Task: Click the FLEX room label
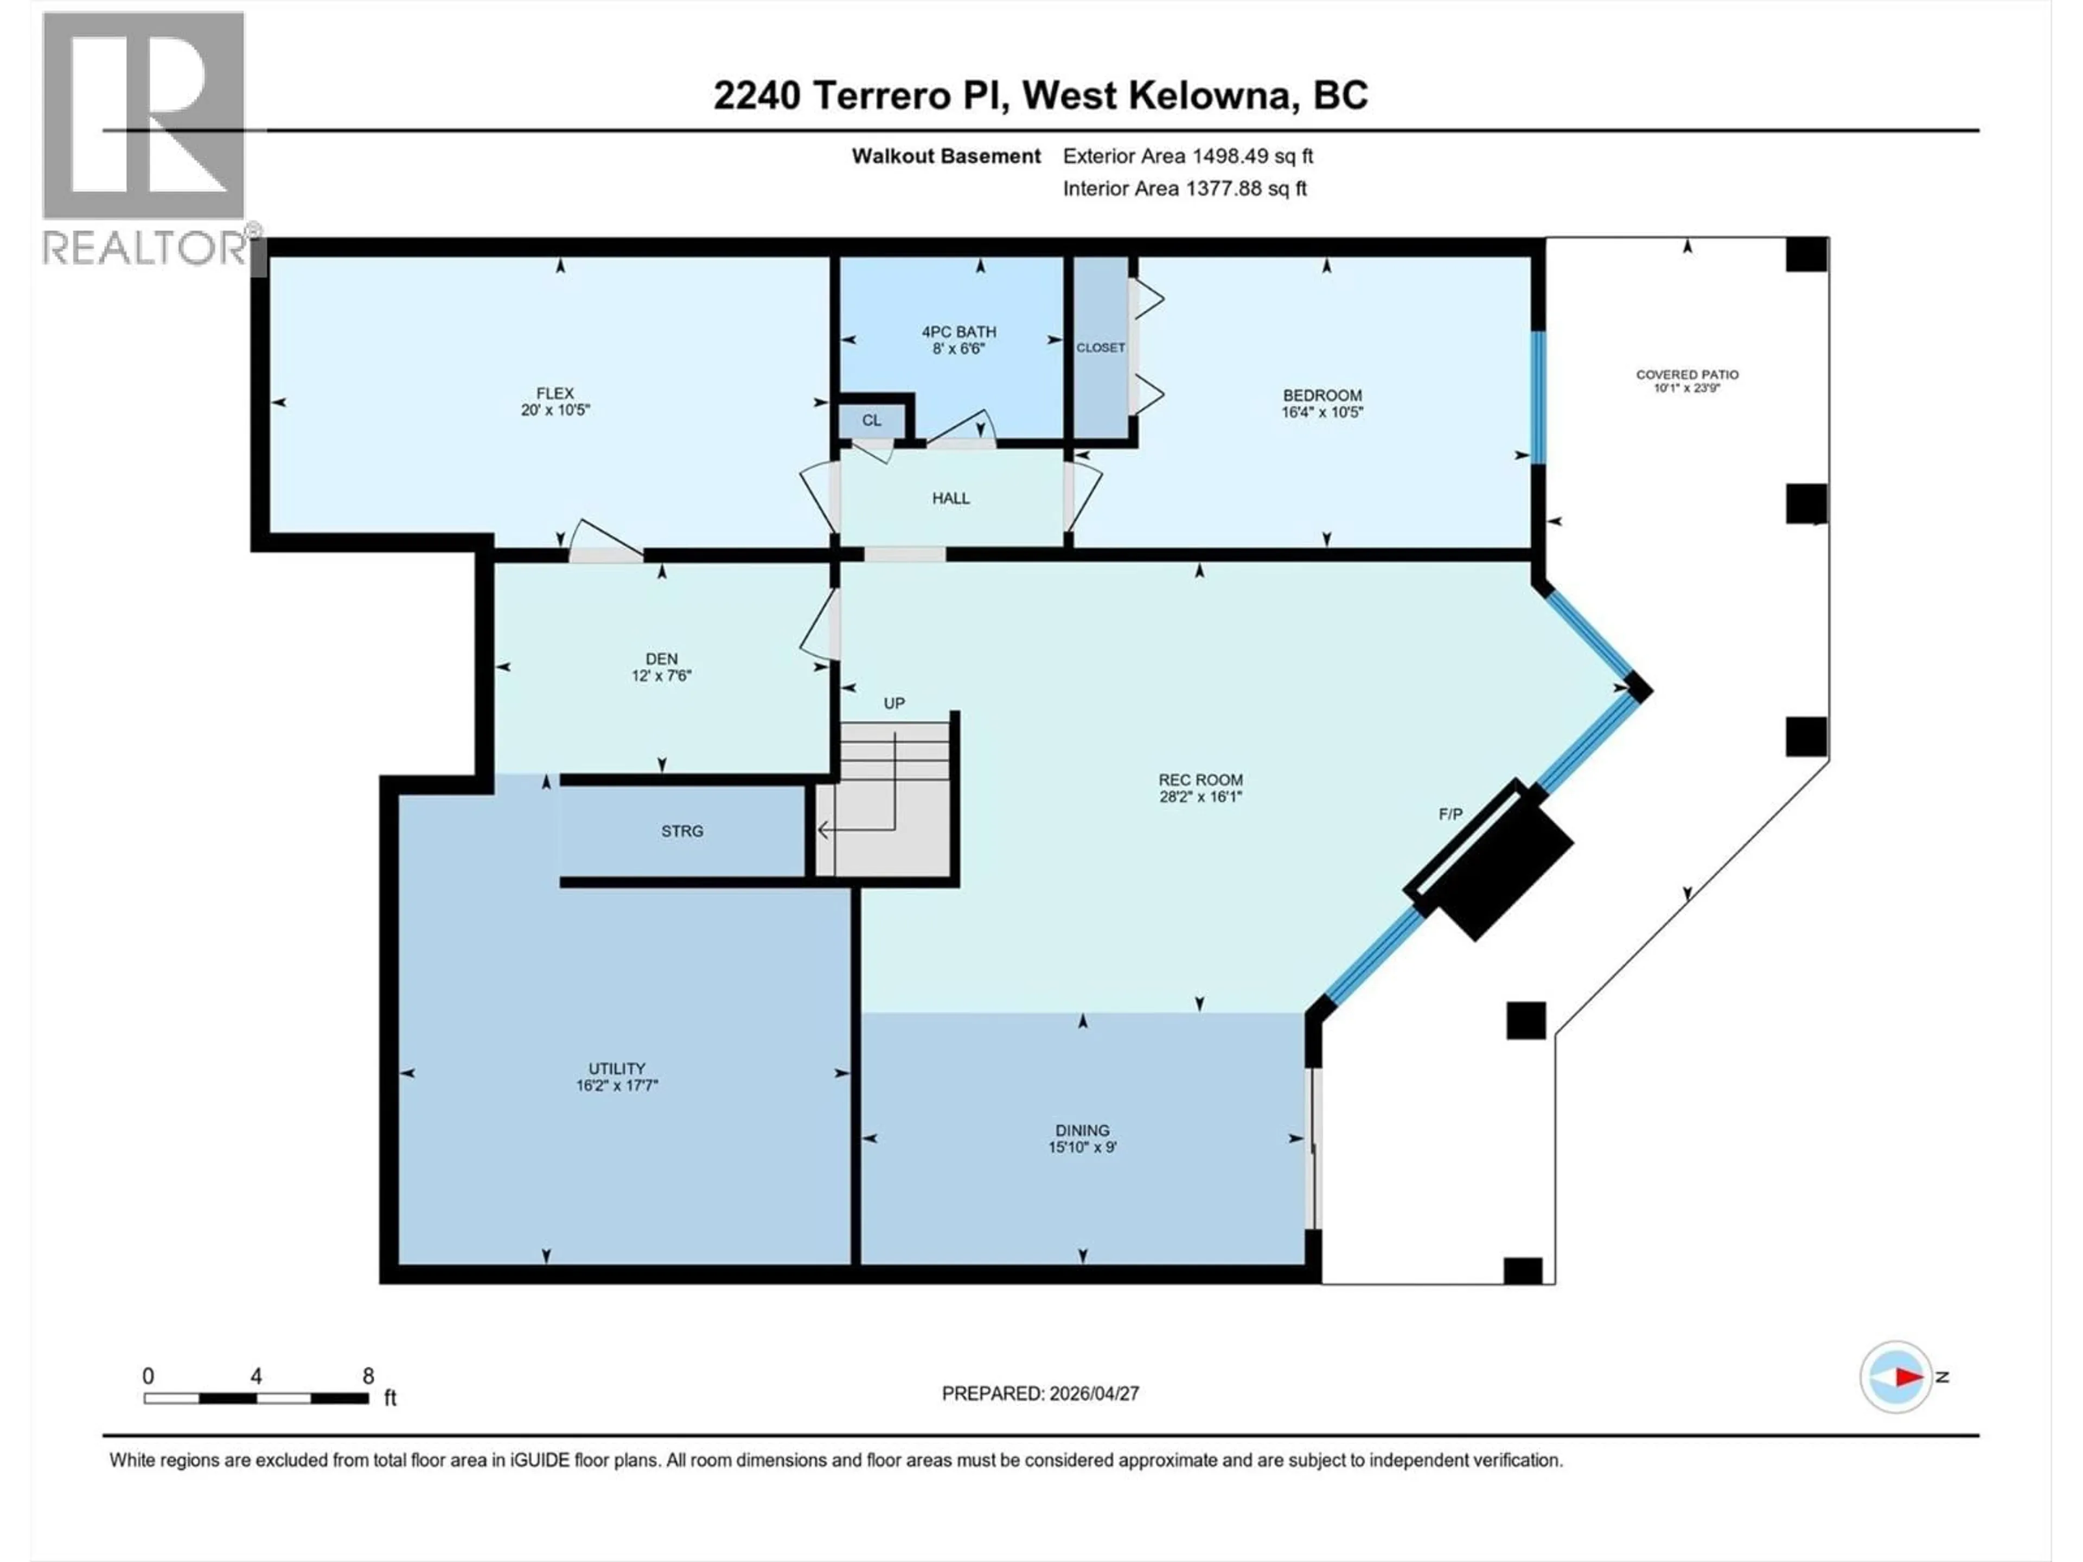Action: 554,394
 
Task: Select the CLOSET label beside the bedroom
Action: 1100,348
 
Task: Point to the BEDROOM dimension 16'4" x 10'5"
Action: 1321,412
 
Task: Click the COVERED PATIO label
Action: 1686,374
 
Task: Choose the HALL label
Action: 950,498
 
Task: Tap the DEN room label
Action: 661,659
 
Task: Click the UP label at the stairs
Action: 893,703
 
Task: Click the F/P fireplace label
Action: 1450,814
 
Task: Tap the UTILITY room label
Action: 617,1068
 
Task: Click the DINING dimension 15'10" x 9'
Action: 1082,1147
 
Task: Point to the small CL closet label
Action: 871,420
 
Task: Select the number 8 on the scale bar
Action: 368,1375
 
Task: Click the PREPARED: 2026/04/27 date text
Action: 1040,1393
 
